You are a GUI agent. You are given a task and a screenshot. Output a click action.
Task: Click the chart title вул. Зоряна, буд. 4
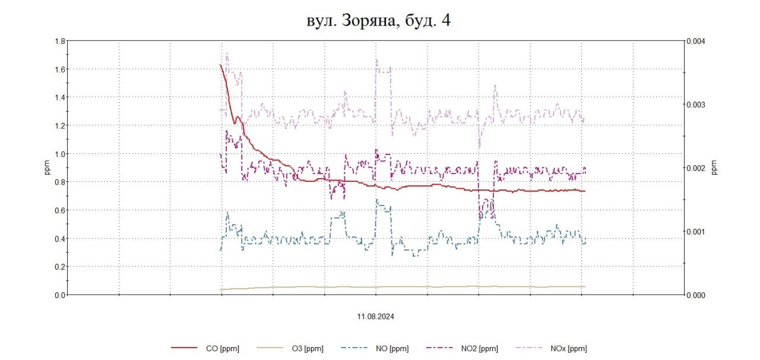379,21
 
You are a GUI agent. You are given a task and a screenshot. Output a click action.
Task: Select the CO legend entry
205,348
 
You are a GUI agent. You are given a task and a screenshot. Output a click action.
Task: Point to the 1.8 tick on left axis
59,41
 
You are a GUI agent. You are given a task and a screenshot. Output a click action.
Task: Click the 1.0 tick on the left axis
59,154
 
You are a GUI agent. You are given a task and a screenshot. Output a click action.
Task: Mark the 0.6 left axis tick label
59,210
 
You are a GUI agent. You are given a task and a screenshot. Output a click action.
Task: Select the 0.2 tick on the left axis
59,267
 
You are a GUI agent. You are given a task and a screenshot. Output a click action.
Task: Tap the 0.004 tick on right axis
696,41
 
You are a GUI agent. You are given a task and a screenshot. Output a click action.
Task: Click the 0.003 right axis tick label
696,105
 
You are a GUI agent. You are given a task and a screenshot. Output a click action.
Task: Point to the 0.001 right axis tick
696,232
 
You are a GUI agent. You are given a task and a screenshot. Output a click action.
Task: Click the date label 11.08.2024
376,317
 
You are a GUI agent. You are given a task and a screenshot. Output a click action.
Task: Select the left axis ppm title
47,168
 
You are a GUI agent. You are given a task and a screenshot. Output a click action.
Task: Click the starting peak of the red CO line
220,65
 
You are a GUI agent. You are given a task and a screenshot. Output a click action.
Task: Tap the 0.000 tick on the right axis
696,295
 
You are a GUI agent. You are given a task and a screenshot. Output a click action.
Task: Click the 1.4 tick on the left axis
59,97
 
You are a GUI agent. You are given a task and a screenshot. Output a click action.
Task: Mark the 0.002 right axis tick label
696,168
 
